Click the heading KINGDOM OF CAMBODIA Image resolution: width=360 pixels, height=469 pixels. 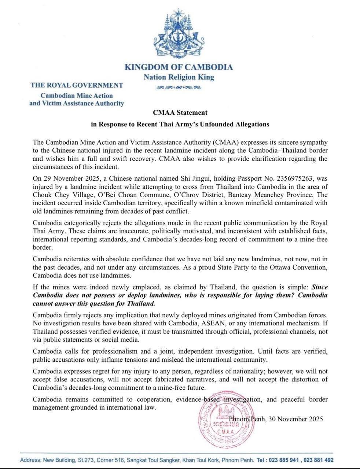[x=179, y=67]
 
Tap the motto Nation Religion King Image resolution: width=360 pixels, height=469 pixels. [x=179, y=77]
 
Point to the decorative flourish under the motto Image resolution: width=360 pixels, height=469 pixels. [x=179, y=88]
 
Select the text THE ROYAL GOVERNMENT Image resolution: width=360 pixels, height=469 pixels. [x=77, y=85]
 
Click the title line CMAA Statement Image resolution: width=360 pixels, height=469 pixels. [x=180, y=112]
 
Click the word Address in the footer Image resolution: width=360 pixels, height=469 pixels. [x=30, y=460]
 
